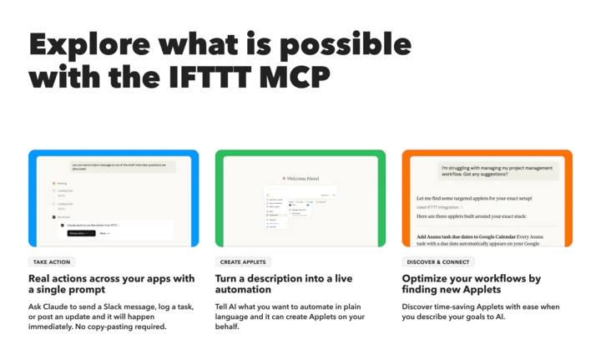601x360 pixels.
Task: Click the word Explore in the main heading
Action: [x=92, y=43]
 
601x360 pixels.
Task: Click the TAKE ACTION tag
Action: [x=52, y=262]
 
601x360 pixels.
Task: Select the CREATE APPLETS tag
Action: [x=243, y=262]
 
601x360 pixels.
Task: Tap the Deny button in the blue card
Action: [x=104, y=233]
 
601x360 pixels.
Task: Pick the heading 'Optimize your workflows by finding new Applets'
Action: [x=472, y=284]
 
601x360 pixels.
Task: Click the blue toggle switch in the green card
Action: [x=306, y=203]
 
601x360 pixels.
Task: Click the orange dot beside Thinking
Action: [x=53, y=183]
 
